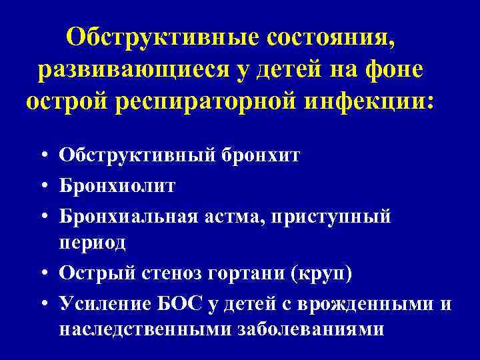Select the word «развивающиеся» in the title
[137, 70]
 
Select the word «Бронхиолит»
[117, 186]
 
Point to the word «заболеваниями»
[310, 330]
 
